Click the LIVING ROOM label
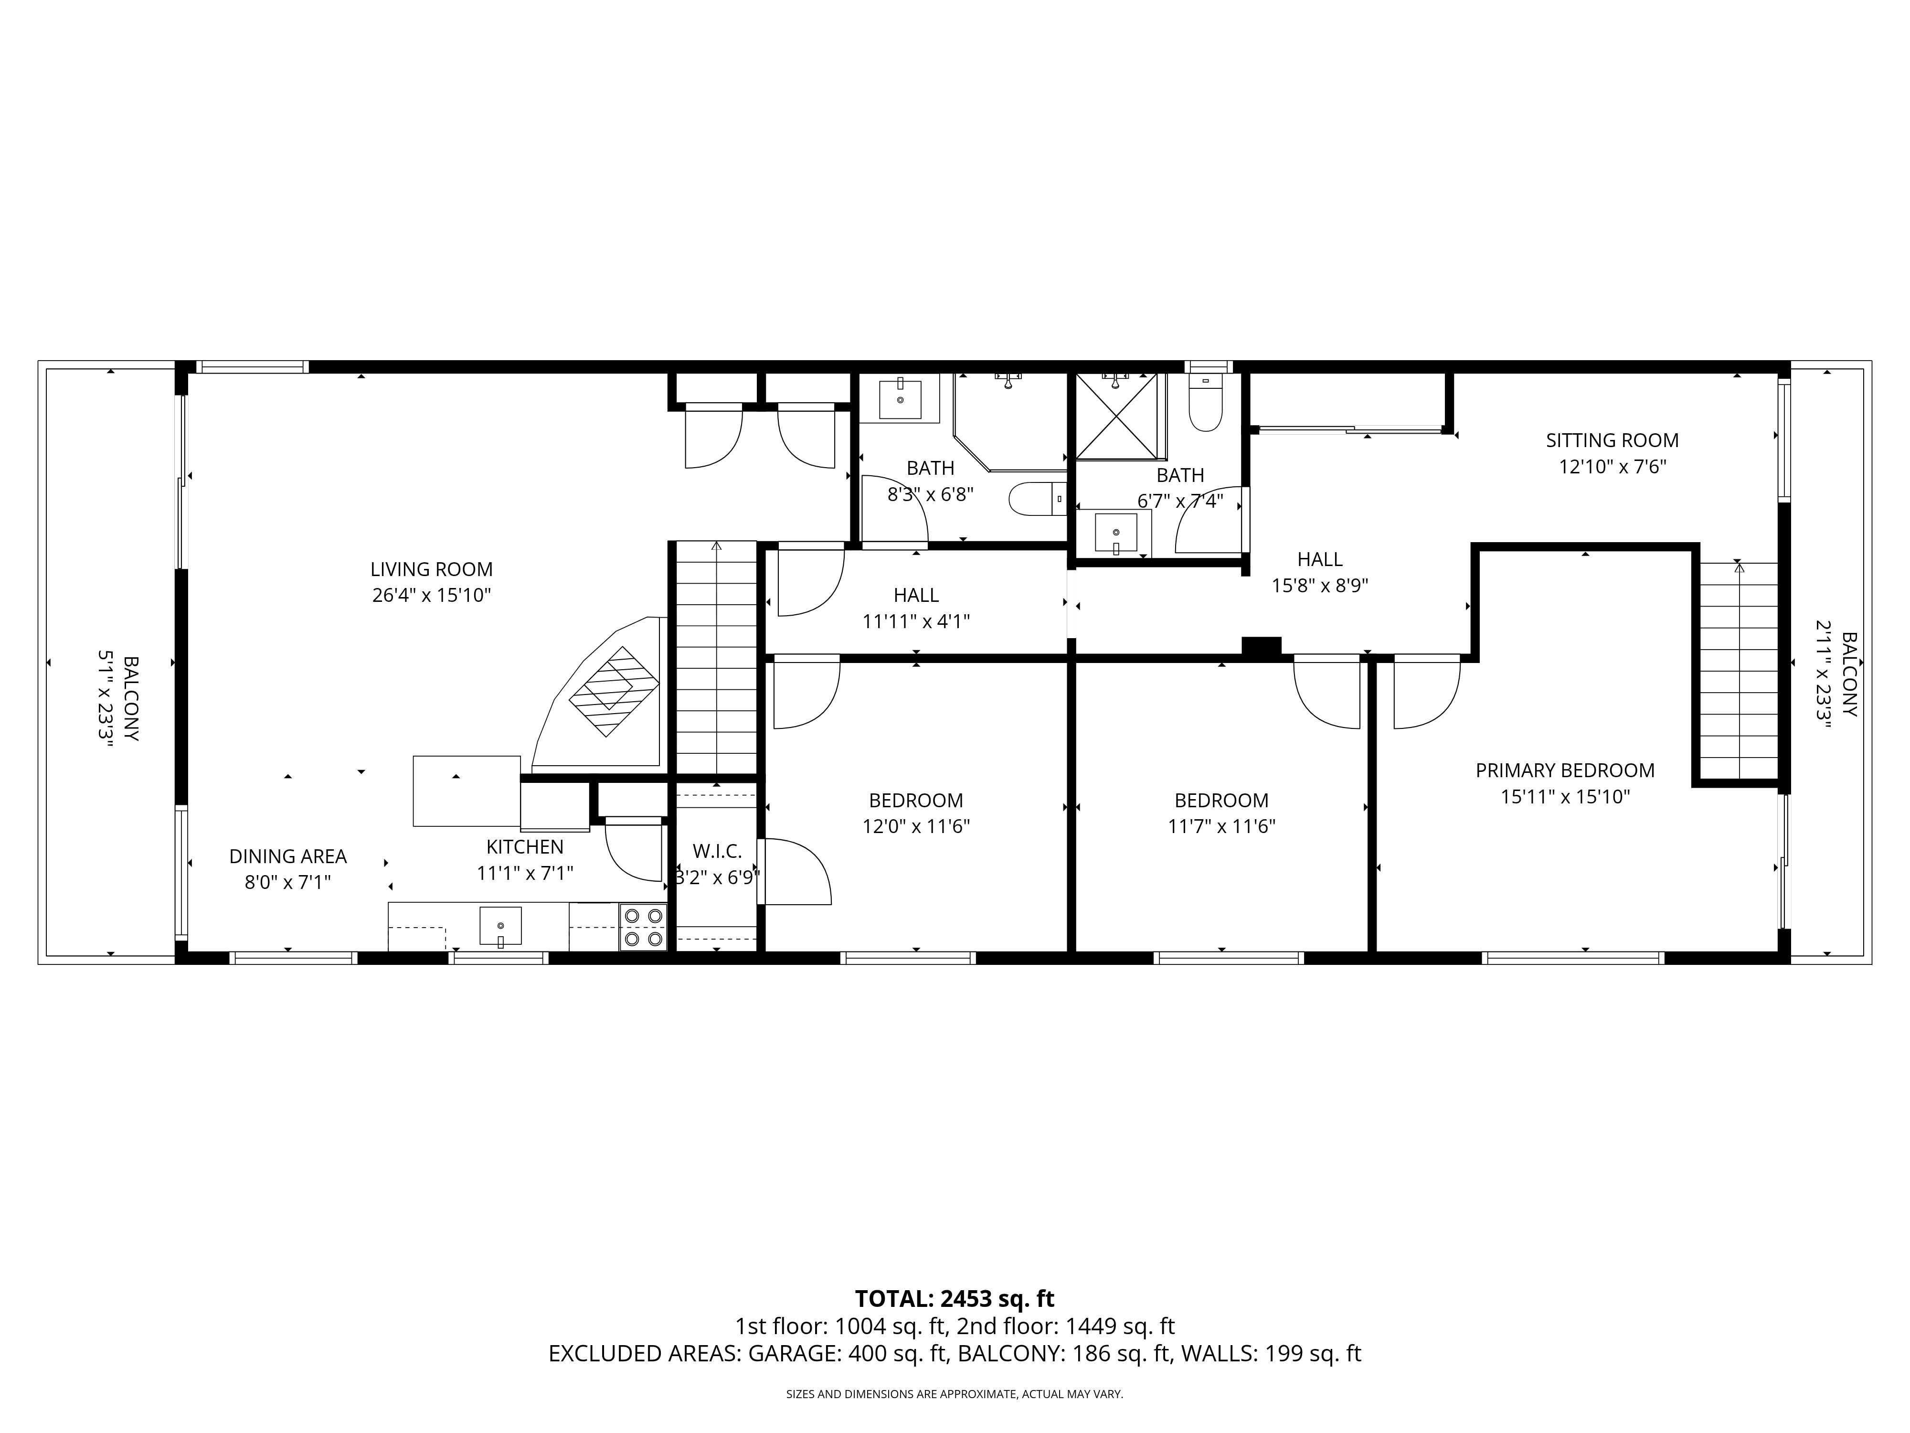click(x=432, y=569)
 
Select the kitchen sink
click(x=501, y=926)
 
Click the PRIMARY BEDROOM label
click(x=1565, y=770)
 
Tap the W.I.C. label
click(x=717, y=852)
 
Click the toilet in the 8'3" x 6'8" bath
click(x=1038, y=499)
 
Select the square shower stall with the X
click(x=1118, y=416)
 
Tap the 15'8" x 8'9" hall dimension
click(x=1320, y=586)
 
